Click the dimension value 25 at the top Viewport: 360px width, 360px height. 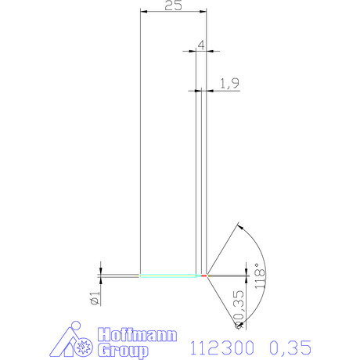[x=173, y=5]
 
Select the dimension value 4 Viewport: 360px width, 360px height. [x=201, y=45]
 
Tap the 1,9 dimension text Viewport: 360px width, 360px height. [x=229, y=84]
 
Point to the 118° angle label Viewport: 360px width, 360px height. [x=260, y=275]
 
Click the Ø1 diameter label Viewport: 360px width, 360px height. [x=95, y=298]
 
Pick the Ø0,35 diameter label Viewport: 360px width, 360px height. [x=239, y=310]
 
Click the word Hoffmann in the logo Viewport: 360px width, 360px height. [x=137, y=334]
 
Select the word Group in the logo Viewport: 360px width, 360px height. [x=123, y=351]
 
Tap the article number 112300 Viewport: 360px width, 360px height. [x=221, y=347]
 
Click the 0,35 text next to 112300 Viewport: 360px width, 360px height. [x=290, y=347]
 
